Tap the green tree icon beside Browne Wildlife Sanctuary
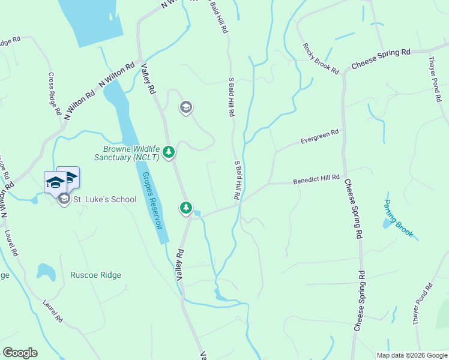(x=169, y=152)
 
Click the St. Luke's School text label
(x=104, y=199)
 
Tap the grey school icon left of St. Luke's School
(x=64, y=199)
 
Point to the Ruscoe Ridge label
(x=95, y=275)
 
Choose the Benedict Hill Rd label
(x=316, y=179)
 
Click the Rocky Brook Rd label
(x=321, y=58)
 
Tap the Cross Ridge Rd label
(x=54, y=94)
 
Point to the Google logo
(x=20, y=353)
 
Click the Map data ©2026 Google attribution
(x=411, y=355)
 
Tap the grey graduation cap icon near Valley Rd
(x=185, y=107)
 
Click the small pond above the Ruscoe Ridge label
(x=46, y=271)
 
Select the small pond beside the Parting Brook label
(x=386, y=223)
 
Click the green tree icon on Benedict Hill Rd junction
(x=186, y=208)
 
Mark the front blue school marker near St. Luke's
(x=55, y=182)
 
